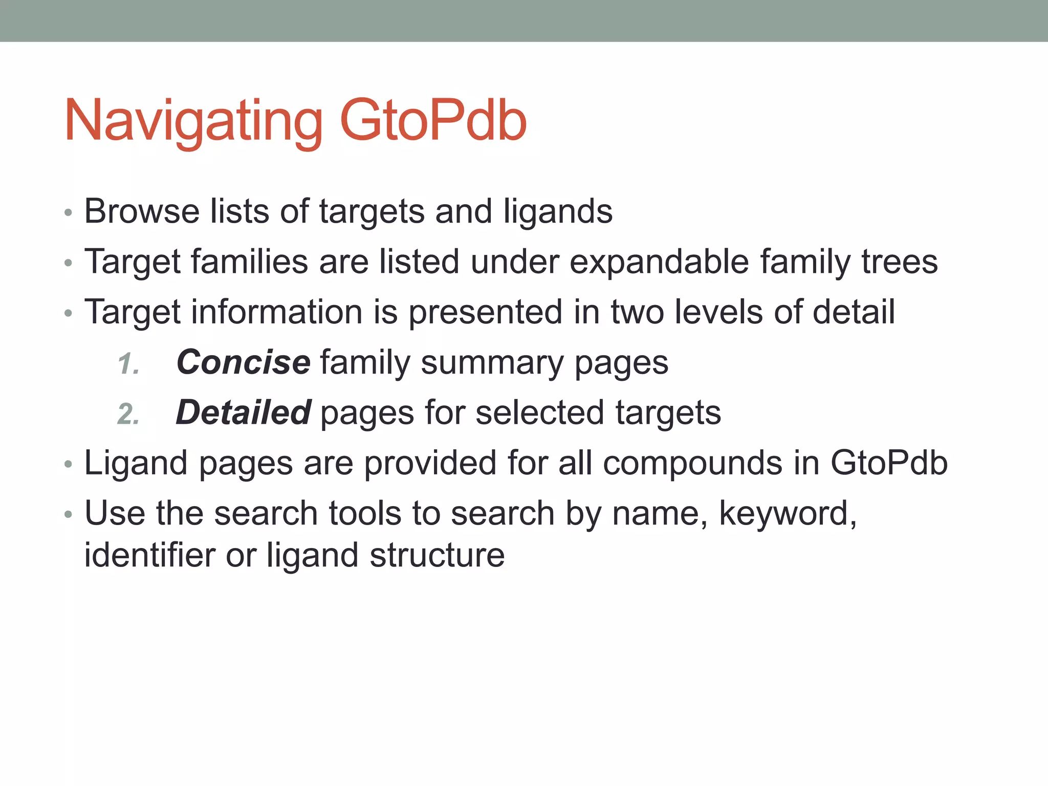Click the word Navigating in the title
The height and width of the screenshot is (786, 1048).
(193, 122)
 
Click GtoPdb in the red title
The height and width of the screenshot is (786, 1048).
(433, 121)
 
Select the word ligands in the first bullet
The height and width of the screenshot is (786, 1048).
(558, 212)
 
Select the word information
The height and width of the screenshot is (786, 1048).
(276, 312)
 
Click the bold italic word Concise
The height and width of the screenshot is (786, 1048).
(243, 362)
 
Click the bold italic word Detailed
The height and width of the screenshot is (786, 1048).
(243, 412)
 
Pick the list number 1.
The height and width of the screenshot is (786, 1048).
(128, 364)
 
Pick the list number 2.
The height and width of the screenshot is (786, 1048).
(128, 414)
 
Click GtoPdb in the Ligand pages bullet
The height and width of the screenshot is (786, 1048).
(889, 463)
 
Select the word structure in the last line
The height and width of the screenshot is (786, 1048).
(437, 555)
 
